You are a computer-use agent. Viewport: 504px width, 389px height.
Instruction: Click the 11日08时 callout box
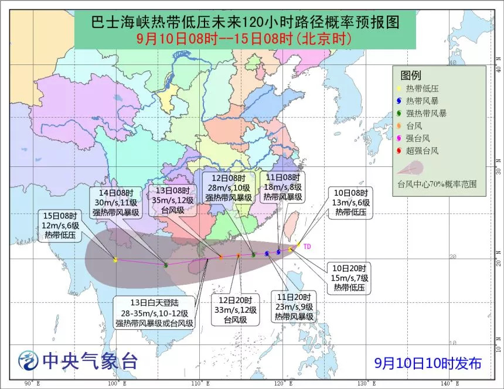[x=283, y=187]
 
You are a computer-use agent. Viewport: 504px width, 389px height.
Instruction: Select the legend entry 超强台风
[x=423, y=151]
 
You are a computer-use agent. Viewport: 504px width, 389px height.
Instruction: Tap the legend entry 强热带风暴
[x=426, y=113]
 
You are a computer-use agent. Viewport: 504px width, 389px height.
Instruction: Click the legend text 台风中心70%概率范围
[x=434, y=183]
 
